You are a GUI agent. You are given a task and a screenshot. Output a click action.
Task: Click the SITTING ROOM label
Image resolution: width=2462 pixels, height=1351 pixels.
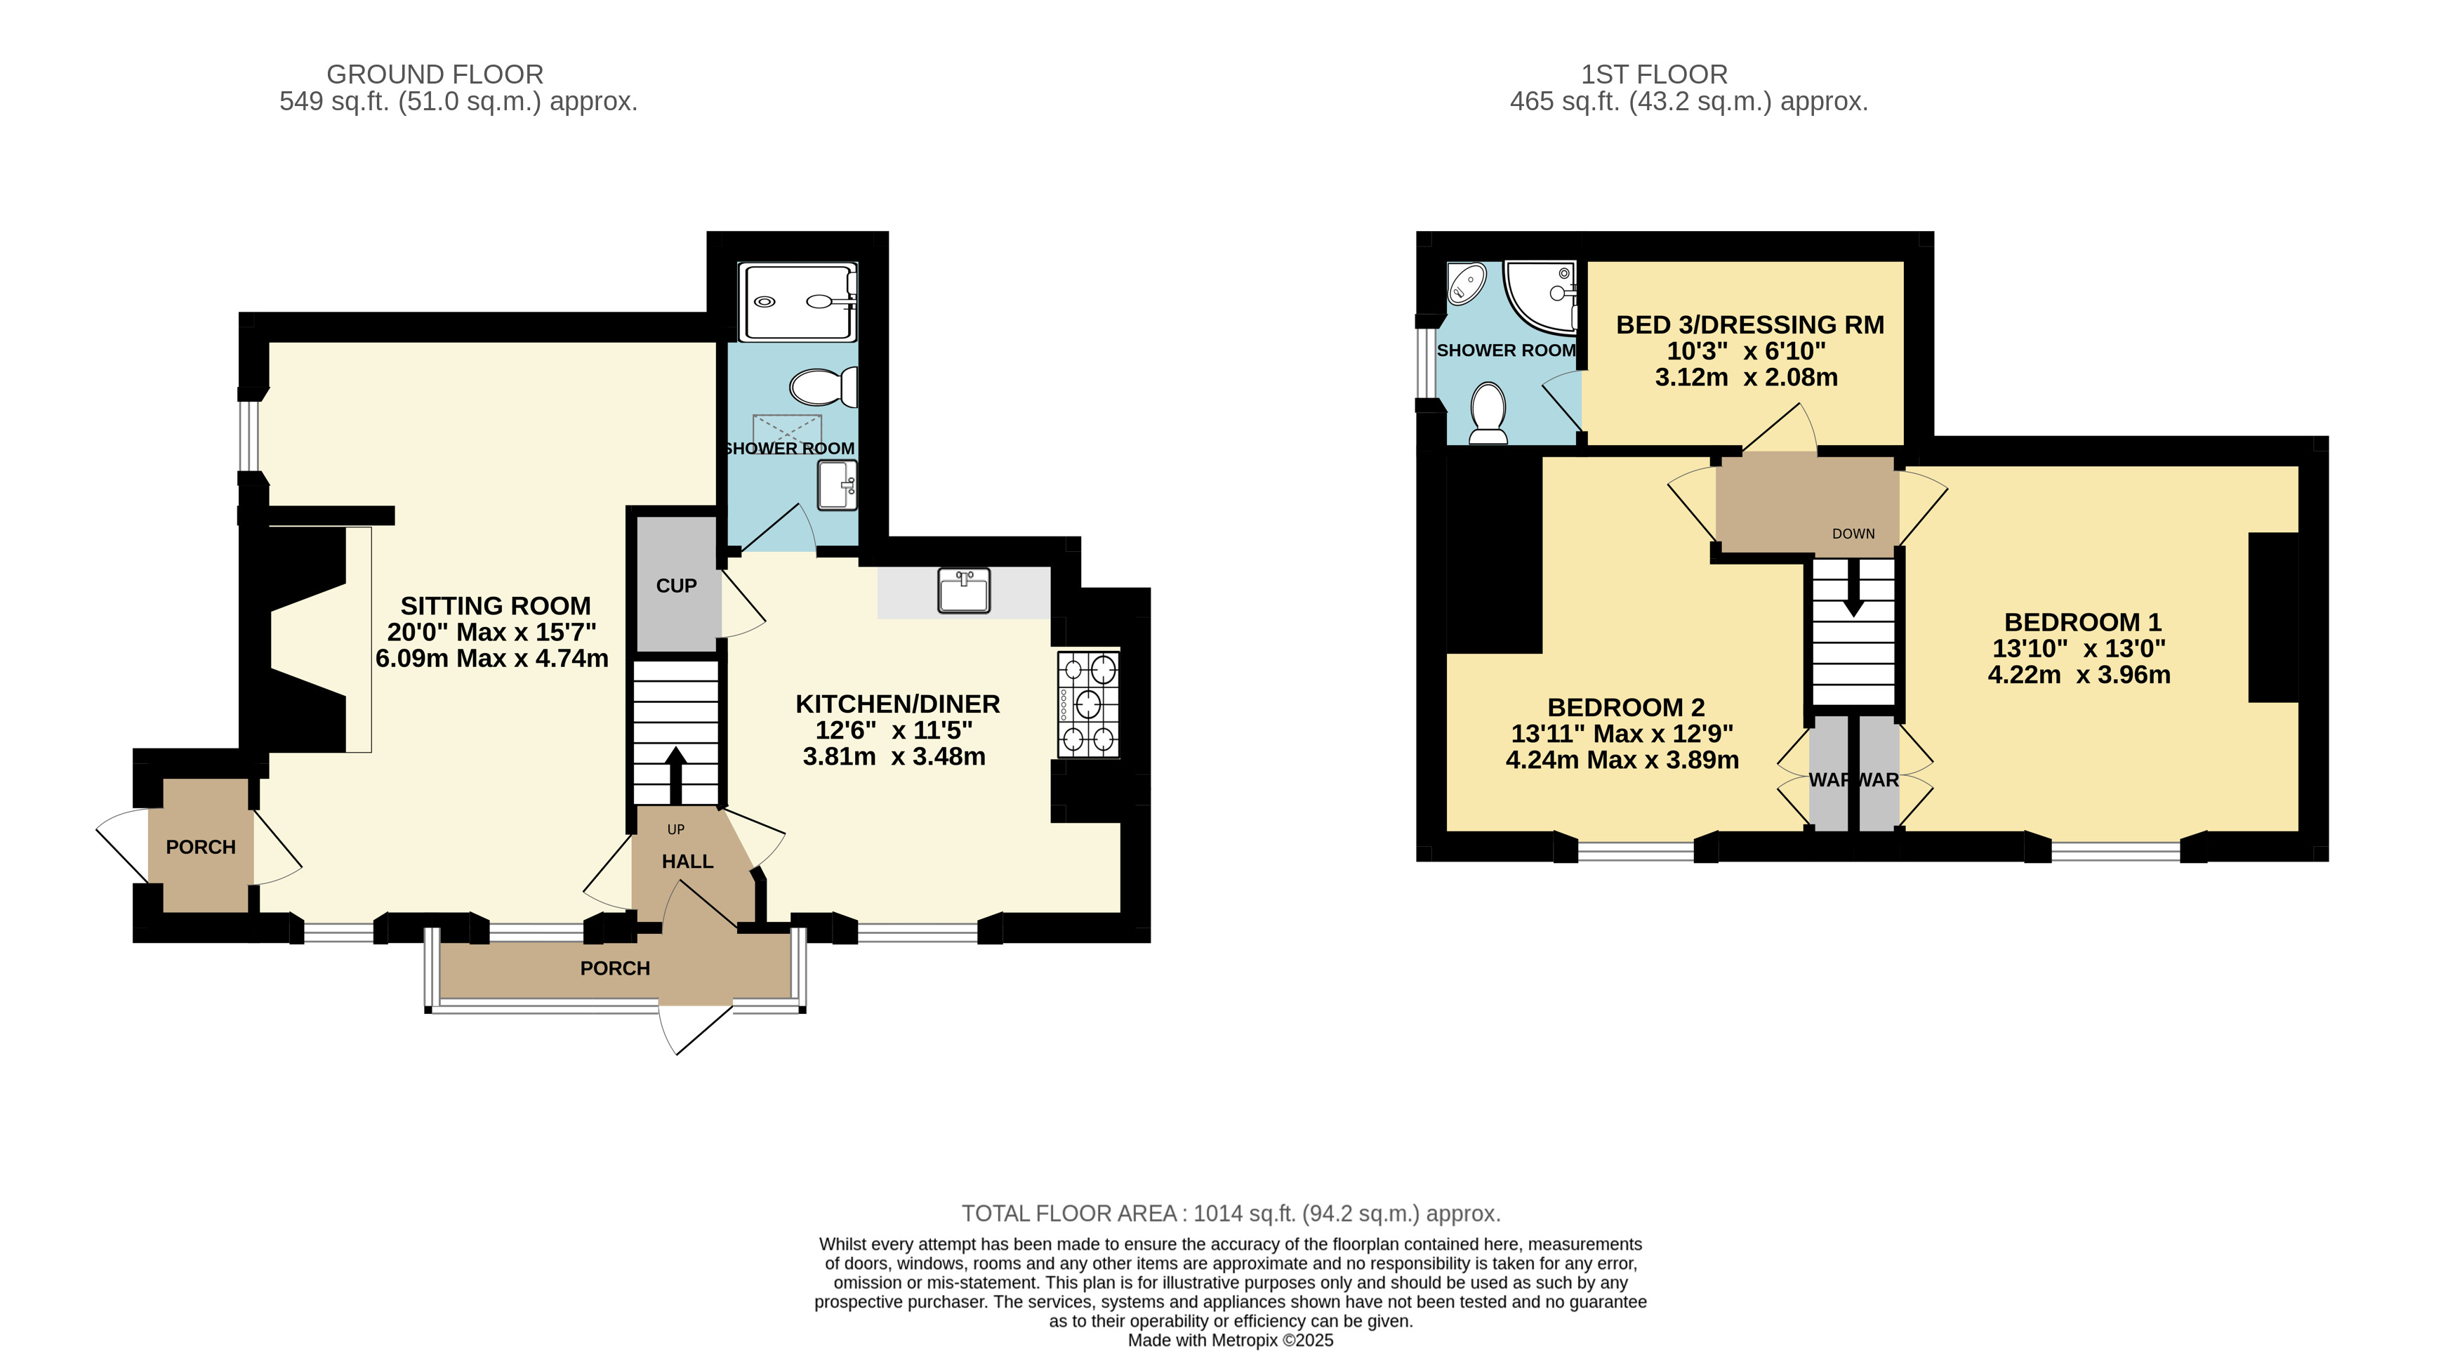click(x=495, y=606)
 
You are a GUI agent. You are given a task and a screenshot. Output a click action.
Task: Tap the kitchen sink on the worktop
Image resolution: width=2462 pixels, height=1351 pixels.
click(x=963, y=591)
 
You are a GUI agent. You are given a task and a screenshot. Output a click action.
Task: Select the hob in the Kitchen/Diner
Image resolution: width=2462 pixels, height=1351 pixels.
click(x=1087, y=705)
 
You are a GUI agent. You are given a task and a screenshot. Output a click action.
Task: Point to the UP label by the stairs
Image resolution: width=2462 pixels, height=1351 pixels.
click(x=676, y=830)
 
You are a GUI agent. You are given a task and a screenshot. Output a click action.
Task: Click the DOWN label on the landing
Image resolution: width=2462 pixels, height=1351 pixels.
click(x=1853, y=534)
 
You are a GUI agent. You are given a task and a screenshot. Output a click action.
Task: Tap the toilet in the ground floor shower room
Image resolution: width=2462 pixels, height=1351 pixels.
click(x=823, y=387)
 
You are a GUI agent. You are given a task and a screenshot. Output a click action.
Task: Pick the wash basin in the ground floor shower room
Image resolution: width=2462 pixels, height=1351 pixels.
click(x=838, y=486)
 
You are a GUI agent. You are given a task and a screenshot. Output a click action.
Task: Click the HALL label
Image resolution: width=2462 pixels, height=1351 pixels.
click(x=688, y=862)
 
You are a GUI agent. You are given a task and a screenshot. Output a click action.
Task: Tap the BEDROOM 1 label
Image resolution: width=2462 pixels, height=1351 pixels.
click(x=2083, y=622)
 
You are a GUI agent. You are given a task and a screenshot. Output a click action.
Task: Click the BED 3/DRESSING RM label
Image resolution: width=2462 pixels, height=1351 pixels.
click(x=1750, y=325)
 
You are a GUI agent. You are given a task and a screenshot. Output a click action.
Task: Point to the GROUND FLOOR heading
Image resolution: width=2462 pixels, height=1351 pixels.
click(x=435, y=74)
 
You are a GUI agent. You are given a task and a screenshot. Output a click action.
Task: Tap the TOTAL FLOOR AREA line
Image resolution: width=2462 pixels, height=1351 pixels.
click(x=1231, y=1213)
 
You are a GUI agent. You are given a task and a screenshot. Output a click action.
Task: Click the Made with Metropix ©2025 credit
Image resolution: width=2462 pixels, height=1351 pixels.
click(x=1231, y=1340)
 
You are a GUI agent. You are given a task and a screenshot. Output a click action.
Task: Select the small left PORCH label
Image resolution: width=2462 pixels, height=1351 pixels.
click(x=201, y=847)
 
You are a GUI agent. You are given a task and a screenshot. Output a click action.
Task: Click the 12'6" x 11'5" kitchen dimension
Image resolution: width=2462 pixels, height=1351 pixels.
click(x=894, y=730)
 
